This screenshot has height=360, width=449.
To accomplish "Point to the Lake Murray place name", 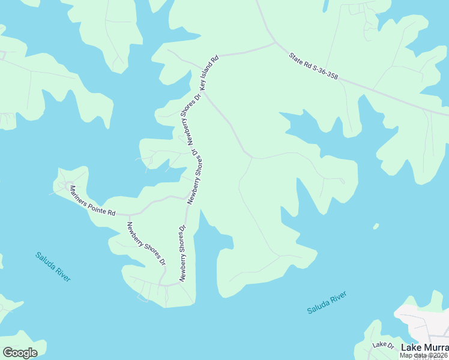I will click(x=424, y=347).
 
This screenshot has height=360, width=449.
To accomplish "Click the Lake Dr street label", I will click(x=382, y=345).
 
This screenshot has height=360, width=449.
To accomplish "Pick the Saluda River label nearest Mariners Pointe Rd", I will click(x=53, y=266).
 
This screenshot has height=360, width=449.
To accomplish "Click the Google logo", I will click(x=20, y=353).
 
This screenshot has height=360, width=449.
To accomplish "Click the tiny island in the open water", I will click(x=376, y=226).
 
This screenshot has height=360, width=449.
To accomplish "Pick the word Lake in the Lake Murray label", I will click(x=411, y=347).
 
